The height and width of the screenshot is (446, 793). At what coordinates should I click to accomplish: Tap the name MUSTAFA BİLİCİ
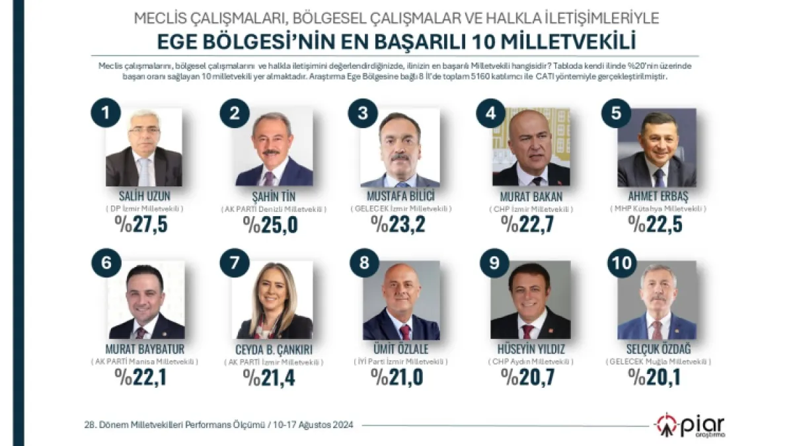click(x=399, y=196)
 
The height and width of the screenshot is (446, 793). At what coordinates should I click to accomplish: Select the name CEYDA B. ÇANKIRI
click(x=274, y=349)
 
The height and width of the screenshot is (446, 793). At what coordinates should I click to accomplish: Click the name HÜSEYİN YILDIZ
click(x=530, y=349)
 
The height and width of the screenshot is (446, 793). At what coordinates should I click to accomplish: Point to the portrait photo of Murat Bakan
click(x=531, y=147)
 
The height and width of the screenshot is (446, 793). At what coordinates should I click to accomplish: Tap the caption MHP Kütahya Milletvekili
click(x=658, y=209)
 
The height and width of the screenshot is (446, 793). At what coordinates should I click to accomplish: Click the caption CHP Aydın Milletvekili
click(x=531, y=361)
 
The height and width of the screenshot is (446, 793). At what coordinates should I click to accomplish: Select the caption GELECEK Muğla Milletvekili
click(x=658, y=361)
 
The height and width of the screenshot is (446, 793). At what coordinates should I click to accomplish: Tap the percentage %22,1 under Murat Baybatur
click(x=143, y=377)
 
